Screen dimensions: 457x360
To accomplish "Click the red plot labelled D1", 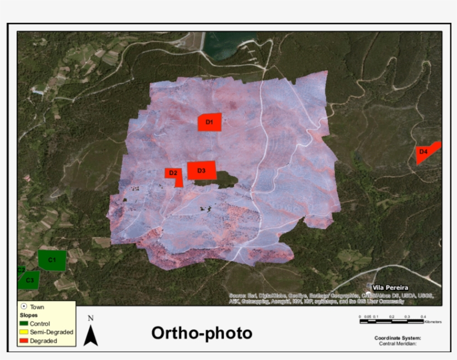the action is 210,122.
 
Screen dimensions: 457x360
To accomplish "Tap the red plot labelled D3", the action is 201,171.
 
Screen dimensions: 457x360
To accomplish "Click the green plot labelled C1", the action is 52,260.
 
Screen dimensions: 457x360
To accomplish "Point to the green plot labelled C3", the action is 29,280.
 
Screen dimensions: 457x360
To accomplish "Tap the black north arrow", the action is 91,335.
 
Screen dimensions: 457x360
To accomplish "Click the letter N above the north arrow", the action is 91,319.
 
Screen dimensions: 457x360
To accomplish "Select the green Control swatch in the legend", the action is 24,324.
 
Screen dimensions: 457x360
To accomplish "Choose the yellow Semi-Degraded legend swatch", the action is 24,332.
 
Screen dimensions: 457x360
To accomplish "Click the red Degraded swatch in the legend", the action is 24,340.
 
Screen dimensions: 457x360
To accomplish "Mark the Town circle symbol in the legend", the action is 24,307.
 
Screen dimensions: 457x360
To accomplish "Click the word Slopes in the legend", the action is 29,315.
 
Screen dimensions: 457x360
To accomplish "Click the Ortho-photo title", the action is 202,333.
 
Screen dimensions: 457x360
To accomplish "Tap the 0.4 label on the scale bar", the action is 423,317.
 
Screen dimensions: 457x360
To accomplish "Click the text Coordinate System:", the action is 397,338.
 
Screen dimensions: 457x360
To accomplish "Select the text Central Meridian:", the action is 397,344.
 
